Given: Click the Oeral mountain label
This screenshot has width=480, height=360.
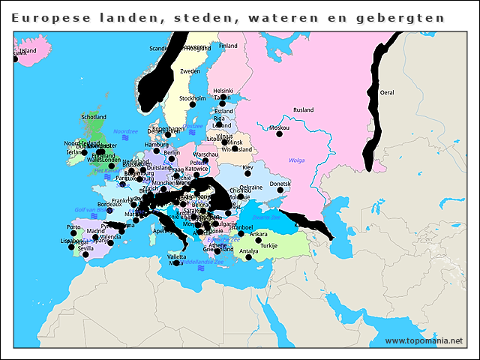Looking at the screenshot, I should tap(387, 92).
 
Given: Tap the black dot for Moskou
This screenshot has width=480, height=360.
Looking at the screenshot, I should tap(280, 136).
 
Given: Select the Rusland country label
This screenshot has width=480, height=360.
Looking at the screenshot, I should tap(303, 109).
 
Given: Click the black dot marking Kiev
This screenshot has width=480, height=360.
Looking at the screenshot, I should tap(247, 174).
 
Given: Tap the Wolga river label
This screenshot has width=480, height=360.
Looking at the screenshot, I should tap(296, 160).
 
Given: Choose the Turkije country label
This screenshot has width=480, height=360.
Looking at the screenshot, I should tap(268, 245).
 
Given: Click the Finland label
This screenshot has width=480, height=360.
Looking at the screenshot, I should tap(228, 46).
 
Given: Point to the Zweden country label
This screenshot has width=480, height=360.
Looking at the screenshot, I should tap(190, 71).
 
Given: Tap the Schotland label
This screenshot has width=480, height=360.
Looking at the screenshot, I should tap(94, 117).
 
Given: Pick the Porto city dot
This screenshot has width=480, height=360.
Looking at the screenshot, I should tap(73, 233).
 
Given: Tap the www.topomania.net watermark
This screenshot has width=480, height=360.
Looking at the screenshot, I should tap(424, 340).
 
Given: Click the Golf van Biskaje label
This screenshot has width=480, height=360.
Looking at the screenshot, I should tap(92, 209).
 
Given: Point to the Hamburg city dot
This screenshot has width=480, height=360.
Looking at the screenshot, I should tap(157, 151).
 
